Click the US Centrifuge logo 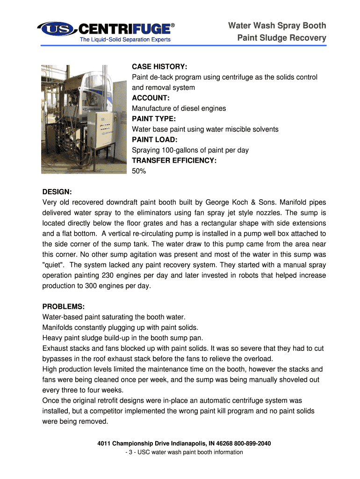click(106, 29)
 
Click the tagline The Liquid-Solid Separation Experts click(125, 39)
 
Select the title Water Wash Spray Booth click(277, 25)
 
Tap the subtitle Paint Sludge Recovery click(281, 38)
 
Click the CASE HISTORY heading click(160, 66)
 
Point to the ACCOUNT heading click(151, 98)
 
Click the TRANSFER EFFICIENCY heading click(174, 160)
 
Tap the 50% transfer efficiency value click(139, 171)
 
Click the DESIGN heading click(57, 192)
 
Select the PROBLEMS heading click(64, 306)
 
